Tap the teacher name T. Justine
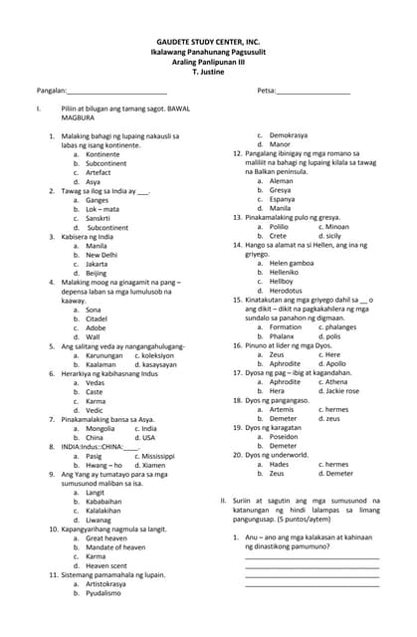tap(208, 73)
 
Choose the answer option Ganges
tap(98, 200)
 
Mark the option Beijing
tap(97, 273)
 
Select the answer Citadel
tap(97, 318)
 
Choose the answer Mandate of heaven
tap(116, 546)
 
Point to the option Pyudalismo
tap(104, 592)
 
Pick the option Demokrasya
tap(289, 135)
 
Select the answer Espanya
tap(283, 199)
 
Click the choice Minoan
tap(333, 227)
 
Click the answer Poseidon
tap(284, 437)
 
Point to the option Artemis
tap(282, 409)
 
